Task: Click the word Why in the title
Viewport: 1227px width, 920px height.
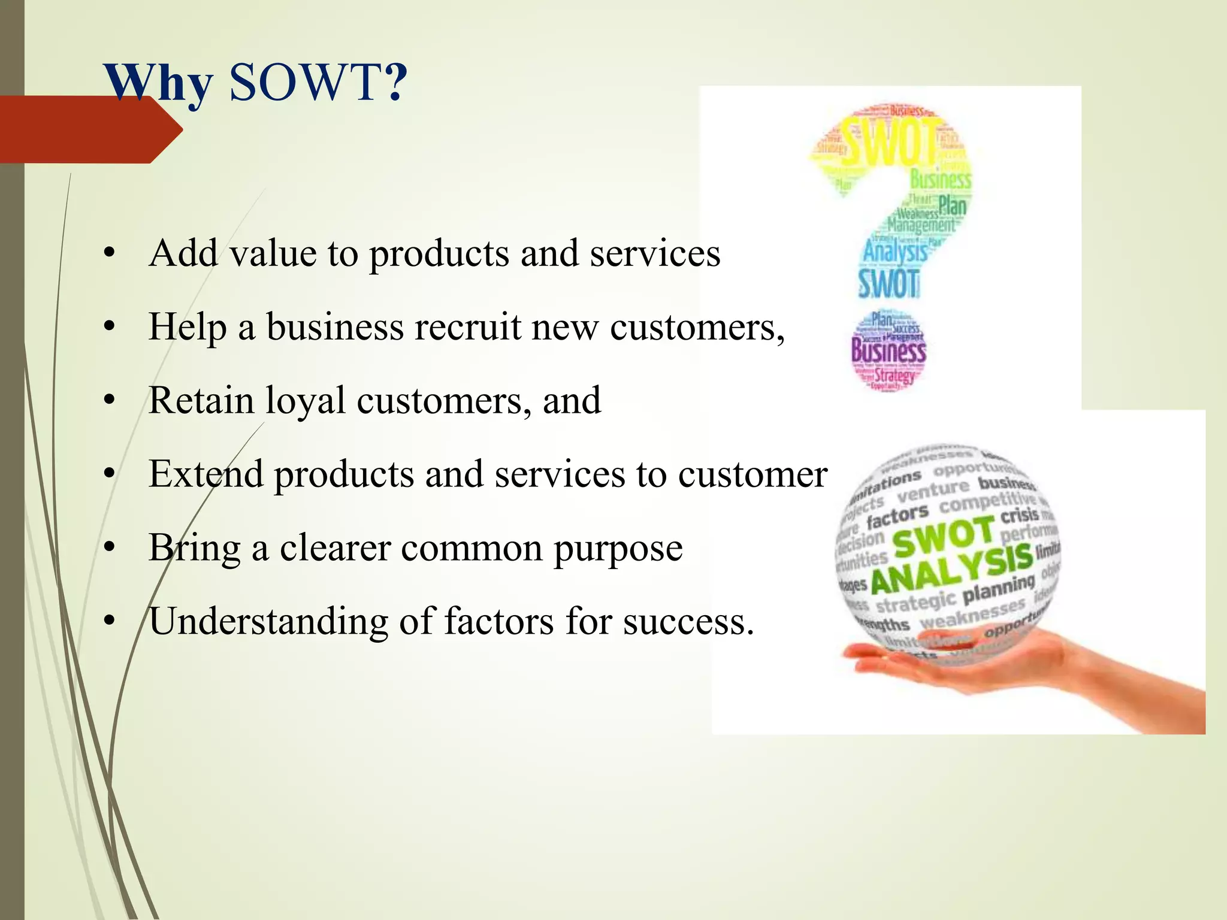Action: pos(159,84)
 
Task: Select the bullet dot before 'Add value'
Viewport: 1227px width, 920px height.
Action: pos(108,254)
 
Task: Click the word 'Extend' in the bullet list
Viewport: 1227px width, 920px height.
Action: pos(206,474)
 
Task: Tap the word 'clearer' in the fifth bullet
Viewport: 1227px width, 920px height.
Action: pos(335,547)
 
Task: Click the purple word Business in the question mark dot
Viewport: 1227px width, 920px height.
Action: pos(888,351)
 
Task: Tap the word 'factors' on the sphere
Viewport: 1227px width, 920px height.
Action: pos(897,516)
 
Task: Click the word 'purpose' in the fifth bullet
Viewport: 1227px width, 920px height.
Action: pos(618,547)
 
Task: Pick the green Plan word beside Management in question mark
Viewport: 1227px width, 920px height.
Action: pos(952,206)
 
